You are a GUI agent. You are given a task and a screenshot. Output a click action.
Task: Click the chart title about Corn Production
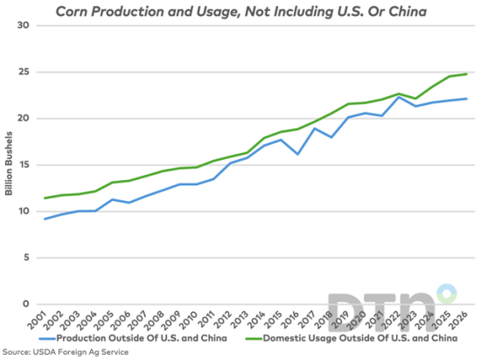coord(240,10)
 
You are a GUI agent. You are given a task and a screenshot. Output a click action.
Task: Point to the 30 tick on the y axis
coord(24,25)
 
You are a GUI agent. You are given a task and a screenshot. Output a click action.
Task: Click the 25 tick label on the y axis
coord(24,72)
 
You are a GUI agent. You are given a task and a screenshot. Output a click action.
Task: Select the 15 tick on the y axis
coord(24,165)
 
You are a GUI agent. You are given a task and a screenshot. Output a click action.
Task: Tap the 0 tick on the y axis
coord(27,305)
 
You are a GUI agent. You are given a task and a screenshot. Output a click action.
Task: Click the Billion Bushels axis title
coord(8,165)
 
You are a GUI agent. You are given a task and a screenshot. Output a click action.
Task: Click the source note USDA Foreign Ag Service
coord(66,351)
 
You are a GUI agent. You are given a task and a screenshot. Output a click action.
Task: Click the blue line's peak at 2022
coord(400,97)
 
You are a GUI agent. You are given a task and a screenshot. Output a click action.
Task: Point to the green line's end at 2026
coord(467,73)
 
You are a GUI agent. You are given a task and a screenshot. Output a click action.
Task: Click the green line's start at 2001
coord(45,198)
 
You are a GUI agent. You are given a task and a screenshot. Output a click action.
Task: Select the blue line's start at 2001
coord(45,218)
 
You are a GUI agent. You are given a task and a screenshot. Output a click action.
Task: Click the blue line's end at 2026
coord(467,99)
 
